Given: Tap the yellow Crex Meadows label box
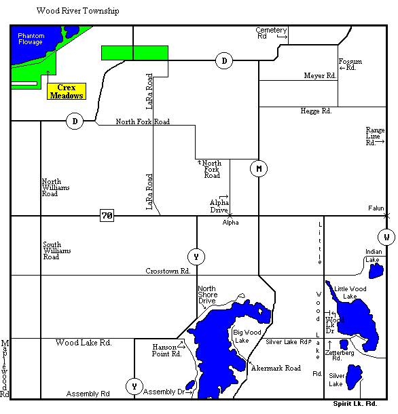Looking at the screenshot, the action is pos(66,92).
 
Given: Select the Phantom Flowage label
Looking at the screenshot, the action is pos(31,39).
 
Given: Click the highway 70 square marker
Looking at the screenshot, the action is pos(107,216).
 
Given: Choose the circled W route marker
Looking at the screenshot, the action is pos(386,237).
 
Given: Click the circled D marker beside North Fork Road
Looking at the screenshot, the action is pos(75,121).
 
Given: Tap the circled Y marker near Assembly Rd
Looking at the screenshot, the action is pos(134,387).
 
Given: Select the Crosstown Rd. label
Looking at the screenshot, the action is pos(167,271).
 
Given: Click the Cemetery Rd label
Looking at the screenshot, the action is pos(271,33).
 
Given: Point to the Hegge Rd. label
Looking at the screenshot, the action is pos(316,111).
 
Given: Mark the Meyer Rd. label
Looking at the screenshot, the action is pos(321,76).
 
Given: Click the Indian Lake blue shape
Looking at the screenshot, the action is pos(375,271).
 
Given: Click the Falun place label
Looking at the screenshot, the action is pos(376,208).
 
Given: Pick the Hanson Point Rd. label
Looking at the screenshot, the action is pos(167,350).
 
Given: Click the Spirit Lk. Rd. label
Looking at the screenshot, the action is pos(355,404).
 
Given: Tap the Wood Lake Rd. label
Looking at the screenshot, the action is pos(84,343).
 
